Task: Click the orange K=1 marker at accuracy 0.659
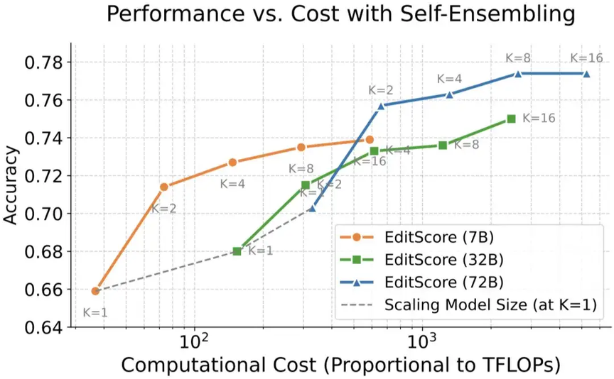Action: pos(95,291)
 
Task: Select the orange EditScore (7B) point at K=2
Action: pos(164,187)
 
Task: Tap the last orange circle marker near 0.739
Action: pos(370,140)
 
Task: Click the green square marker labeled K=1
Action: pos(237,251)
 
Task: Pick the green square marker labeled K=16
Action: pos(511,119)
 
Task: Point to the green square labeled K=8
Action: pos(443,145)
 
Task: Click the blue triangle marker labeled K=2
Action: pos(381,106)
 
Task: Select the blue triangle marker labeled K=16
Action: pos(587,74)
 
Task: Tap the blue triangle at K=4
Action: pos(450,94)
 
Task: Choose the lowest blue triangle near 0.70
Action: pos(312,208)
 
